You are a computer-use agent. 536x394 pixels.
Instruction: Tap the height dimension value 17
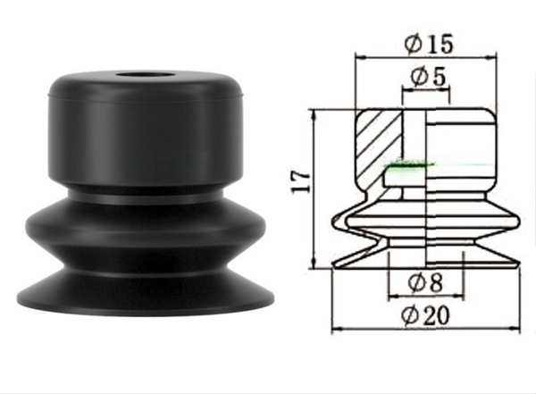pyautogui.click(x=303, y=181)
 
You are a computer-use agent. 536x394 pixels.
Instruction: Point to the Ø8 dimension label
pyautogui.click(x=427, y=282)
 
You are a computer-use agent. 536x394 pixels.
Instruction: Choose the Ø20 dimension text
pyautogui.click(x=427, y=314)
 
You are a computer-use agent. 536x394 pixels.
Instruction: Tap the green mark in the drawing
pyautogui.click(x=410, y=164)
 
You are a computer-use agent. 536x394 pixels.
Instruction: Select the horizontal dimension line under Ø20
pyautogui.click(x=427, y=331)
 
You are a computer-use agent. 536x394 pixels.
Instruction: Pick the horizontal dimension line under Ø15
pyautogui.click(x=427, y=55)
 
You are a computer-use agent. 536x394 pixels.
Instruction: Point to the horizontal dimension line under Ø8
pyautogui.click(x=427, y=296)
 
